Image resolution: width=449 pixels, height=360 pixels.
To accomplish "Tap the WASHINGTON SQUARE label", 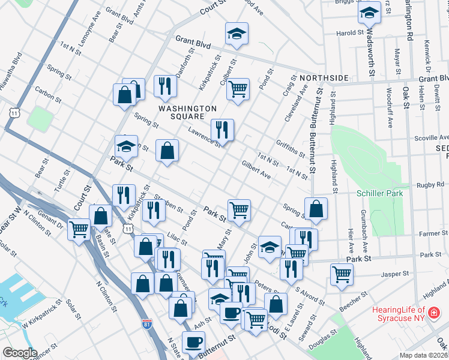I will click(187, 112).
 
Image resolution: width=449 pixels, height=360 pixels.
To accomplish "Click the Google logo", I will click(20, 353).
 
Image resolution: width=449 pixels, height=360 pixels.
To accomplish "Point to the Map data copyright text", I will click(424, 355).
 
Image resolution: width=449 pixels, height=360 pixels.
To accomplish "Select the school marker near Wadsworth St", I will click(368, 13).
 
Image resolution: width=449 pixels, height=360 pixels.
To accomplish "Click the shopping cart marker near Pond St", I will click(238, 89).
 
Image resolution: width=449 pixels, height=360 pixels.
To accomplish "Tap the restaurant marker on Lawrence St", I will click(222, 129).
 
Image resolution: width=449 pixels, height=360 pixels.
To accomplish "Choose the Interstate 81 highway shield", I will click(148, 325).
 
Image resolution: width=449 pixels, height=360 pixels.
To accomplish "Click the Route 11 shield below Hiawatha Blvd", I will click(13, 112).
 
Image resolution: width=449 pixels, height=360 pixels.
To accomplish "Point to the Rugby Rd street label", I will click(430, 185).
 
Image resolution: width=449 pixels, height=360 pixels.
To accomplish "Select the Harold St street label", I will click(346, 33).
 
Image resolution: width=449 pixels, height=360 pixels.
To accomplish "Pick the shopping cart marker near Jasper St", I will click(342, 274).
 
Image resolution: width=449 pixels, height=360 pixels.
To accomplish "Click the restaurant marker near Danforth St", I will click(164, 86).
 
